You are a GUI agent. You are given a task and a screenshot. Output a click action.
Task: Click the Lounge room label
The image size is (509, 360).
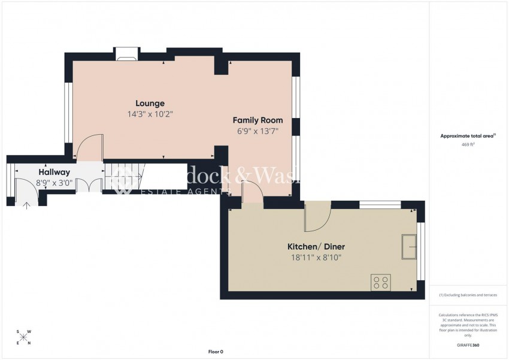pos(150,103)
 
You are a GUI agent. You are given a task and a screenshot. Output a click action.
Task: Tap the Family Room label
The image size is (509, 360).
pos(257,120)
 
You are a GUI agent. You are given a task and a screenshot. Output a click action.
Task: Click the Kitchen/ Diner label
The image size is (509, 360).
pos(316,246)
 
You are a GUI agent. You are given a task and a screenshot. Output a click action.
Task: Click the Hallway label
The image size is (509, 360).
pos(54,171)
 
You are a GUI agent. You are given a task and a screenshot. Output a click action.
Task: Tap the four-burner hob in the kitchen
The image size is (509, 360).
pos(381,282)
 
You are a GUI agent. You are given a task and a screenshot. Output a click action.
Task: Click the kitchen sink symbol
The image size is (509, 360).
pos(410,246)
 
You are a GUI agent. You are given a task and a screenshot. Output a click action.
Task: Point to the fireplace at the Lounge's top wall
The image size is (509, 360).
pos(126,55)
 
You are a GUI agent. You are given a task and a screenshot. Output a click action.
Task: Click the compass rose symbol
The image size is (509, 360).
pos(24,337)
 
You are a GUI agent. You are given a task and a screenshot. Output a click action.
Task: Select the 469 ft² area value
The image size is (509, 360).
pos(468,145)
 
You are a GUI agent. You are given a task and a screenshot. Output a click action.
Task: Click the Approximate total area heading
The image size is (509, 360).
pos(468,136)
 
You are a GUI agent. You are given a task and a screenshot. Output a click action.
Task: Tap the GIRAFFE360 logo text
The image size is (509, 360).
pos(468,345)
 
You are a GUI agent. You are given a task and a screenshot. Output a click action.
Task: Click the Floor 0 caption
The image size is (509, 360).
pos(216,352)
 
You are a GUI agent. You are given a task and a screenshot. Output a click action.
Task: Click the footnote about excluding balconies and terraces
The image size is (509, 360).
pos(468,295)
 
